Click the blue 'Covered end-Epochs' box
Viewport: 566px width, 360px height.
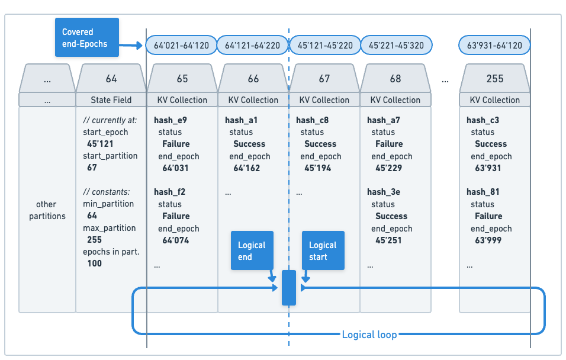(x=87, y=37)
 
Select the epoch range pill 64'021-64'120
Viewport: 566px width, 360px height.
(x=181, y=45)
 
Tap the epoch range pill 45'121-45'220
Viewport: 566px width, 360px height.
(x=324, y=45)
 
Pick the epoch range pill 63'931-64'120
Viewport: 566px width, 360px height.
(x=494, y=45)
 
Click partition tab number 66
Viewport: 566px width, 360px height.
(x=253, y=79)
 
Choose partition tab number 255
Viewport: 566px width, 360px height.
(x=494, y=79)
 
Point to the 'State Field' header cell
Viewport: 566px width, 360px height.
(x=111, y=100)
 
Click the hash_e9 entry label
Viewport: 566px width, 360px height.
(x=171, y=120)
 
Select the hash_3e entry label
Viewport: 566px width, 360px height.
(x=384, y=192)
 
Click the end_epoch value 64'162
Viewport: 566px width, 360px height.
(x=247, y=168)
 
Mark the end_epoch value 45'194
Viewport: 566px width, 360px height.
(x=318, y=168)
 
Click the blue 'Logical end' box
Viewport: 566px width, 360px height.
(x=252, y=250)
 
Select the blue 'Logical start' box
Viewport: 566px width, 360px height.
(x=323, y=250)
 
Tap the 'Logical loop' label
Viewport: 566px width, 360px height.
(x=369, y=335)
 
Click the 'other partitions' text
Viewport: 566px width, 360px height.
(x=47, y=210)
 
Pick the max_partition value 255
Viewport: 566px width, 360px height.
(x=94, y=240)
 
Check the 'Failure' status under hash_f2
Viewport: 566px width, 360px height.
(x=176, y=216)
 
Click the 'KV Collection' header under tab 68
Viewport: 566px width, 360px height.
(x=395, y=100)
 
